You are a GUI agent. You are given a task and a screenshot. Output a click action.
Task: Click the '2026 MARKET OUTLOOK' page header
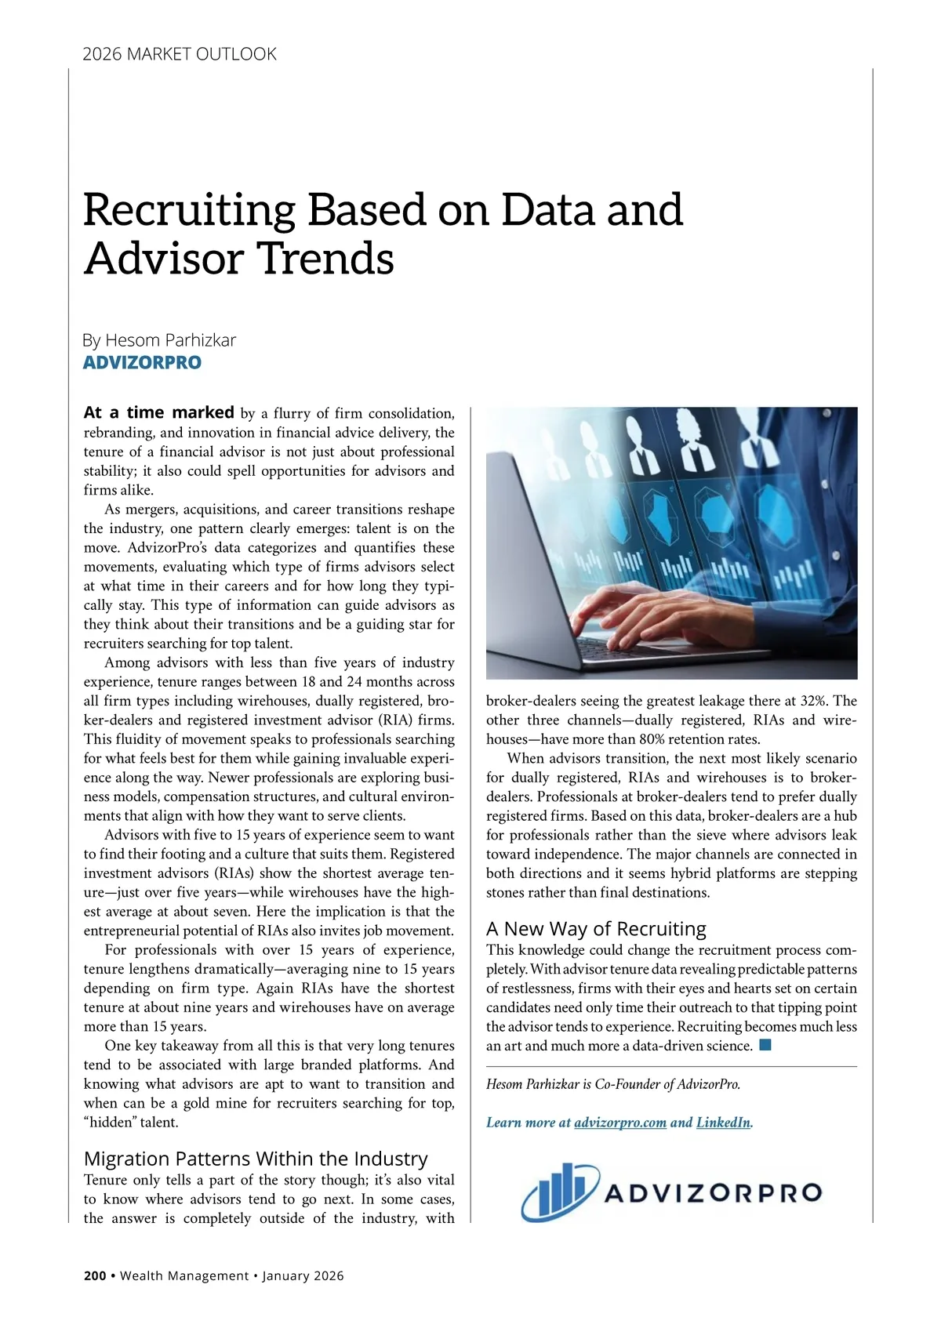pyautogui.click(x=180, y=54)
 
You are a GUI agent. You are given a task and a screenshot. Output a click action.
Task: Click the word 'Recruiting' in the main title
pyautogui.click(x=189, y=210)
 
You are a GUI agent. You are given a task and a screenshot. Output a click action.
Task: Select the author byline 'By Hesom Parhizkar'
pyautogui.click(x=159, y=340)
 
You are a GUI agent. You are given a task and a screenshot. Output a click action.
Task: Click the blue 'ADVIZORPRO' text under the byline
pyautogui.click(x=142, y=363)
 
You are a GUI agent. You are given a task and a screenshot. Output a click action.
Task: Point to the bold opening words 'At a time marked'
pyautogui.click(x=158, y=412)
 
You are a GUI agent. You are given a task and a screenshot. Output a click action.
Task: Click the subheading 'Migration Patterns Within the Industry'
pyautogui.click(x=256, y=1159)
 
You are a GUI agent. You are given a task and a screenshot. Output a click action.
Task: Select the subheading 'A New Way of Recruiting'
pyautogui.click(x=596, y=929)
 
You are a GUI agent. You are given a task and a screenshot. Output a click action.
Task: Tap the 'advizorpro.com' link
pyautogui.click(x=620, y=1123)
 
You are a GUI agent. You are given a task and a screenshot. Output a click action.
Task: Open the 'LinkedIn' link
pyautogui.click(x=723, y=1123)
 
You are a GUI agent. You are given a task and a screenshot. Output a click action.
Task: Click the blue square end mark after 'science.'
pyautogui.click(x=765, y=1045)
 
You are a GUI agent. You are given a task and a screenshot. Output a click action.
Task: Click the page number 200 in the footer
pyautogui.click(x=95, y=1275)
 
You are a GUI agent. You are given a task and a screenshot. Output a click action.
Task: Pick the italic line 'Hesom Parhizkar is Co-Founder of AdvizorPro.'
pyautogui.click(x=613, y=1085)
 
